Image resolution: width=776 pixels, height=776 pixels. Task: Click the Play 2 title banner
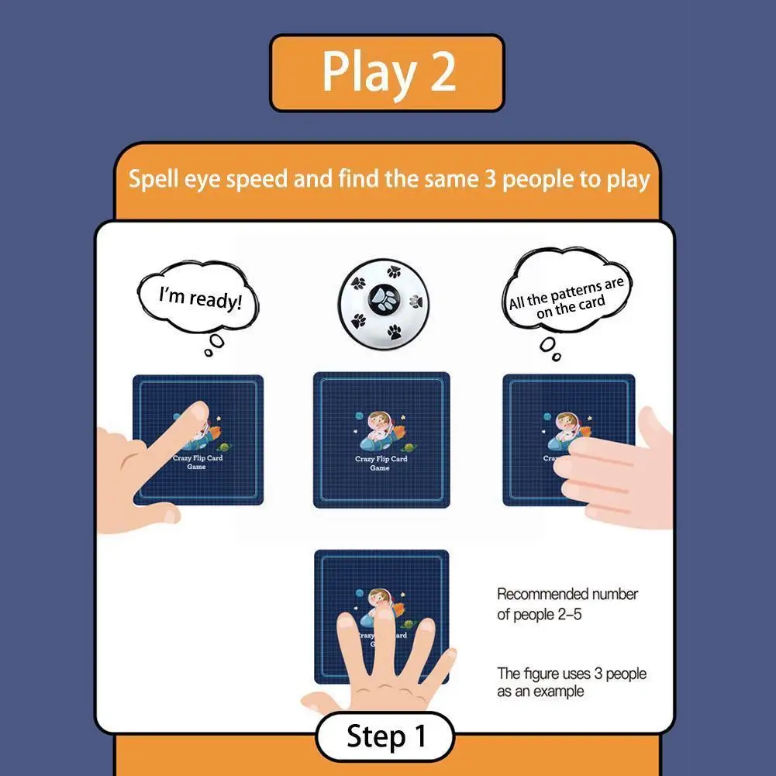click(x=387, y=73)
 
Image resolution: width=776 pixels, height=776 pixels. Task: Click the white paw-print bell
click(x=383, y=302)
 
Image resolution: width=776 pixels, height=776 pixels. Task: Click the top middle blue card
click(x=381, y=440)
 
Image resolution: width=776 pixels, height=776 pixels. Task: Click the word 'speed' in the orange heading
click(x=263, y=179)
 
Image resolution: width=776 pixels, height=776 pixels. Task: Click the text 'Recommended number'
click(x=567, y=595)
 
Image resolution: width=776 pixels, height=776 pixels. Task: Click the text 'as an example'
click(x=540, y=692)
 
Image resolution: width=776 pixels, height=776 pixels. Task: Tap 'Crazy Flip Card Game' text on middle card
click(x=381, y=464)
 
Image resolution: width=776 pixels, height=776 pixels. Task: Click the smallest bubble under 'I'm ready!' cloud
click(x=209, y=353)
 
